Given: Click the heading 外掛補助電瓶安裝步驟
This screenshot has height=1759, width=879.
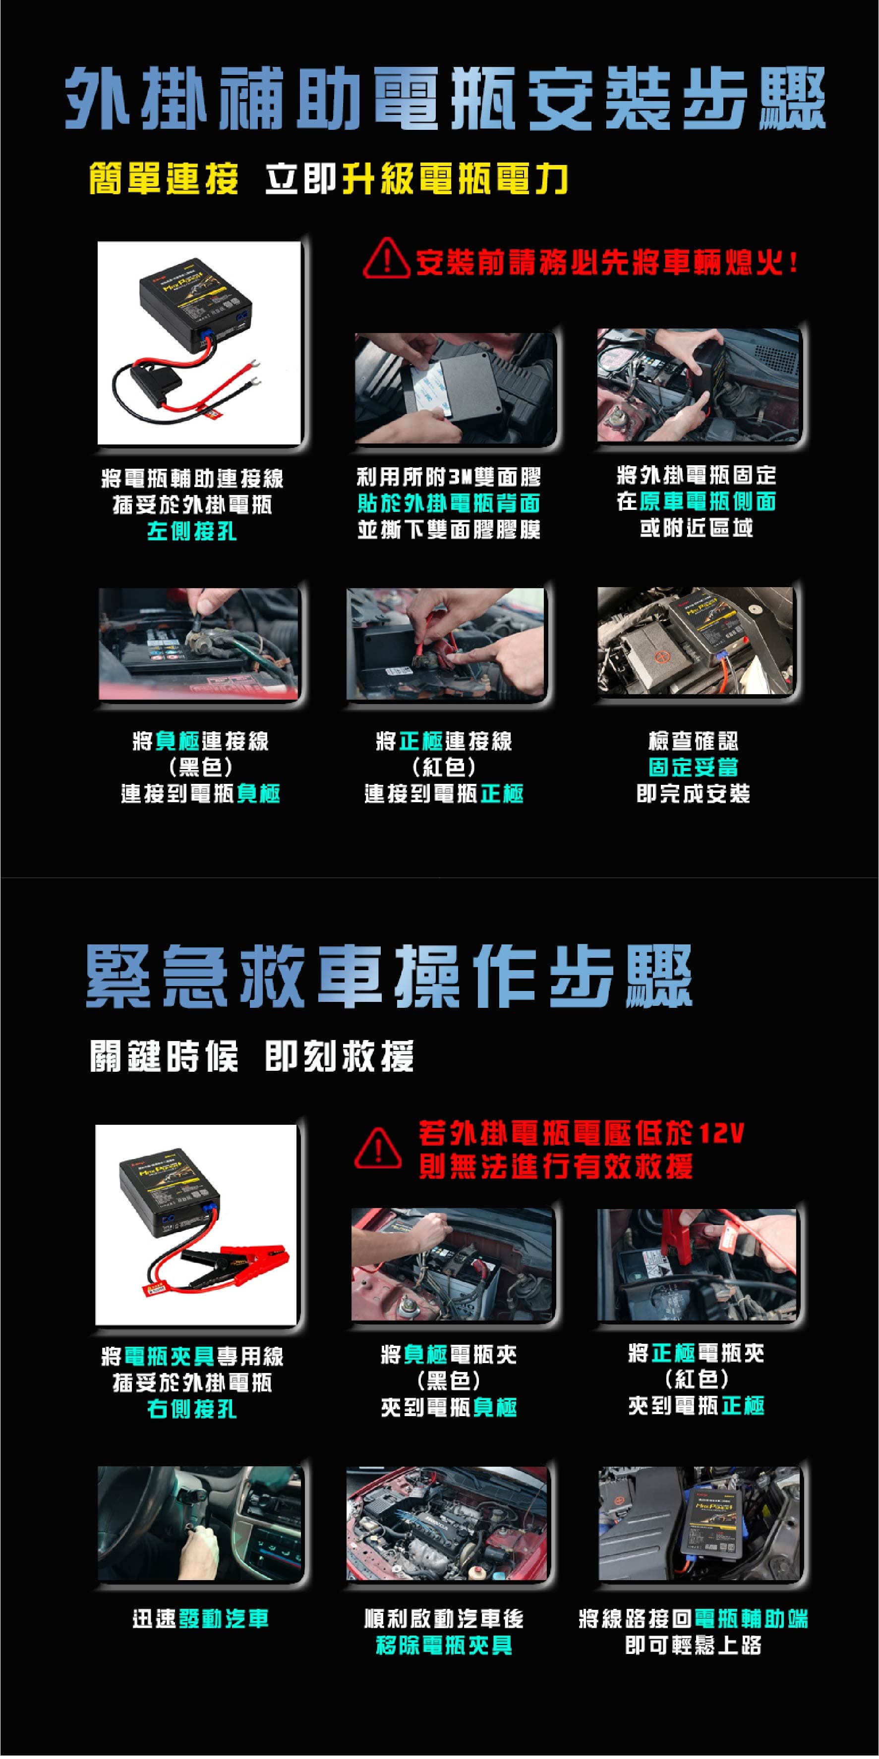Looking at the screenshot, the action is tap(445, 99).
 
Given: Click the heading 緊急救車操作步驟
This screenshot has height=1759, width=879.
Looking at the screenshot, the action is tap(389, 977).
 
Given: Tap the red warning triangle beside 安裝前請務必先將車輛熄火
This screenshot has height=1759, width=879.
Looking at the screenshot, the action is tap(387, 259).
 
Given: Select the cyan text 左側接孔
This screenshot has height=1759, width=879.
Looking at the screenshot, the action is tap(192, 531).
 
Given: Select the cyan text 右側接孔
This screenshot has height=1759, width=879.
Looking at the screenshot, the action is tap(192, 1409).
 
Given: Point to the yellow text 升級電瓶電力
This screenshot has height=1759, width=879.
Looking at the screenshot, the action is tap(455, 179).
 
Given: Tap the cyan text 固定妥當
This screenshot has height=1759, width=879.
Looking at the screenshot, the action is tap(693, 767).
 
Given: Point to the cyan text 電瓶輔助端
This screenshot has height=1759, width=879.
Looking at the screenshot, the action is tap(751, 1618).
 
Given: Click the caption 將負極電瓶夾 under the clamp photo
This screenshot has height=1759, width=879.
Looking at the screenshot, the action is tap(449, 1354).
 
